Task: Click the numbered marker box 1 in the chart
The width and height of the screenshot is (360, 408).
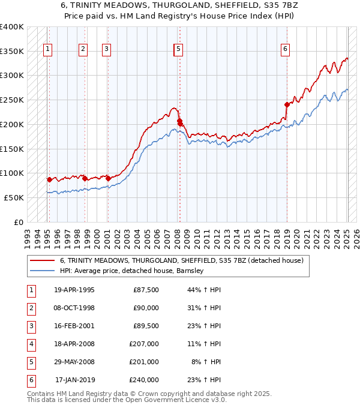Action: (47, 50)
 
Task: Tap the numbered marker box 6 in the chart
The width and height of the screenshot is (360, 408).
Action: (286, 50)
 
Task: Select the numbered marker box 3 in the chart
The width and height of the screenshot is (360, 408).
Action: (106, 50)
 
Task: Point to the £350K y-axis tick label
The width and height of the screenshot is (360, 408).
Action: (12, 51)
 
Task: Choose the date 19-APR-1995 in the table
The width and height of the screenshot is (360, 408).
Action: (74, 290)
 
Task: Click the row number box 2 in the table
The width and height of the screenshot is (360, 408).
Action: (31, 308)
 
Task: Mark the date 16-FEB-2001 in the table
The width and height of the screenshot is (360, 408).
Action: (74, 326)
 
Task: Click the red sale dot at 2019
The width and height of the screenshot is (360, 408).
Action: (287, 104)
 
